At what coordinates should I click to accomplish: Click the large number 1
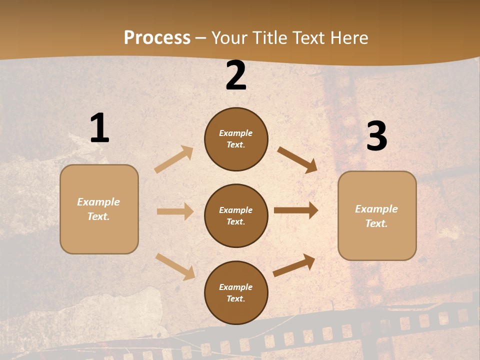tap(99, 128)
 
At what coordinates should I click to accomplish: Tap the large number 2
tap(236, 75)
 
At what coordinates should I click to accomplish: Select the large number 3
tap(376, 136)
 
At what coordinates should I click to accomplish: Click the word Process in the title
tap(157, 37)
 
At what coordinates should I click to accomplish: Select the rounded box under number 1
tap(99, 209)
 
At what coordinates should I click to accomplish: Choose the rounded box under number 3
tap(377, 216)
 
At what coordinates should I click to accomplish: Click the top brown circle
tap(236, 139)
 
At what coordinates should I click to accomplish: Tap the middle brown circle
tap(236, 216)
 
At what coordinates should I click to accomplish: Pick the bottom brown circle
tap(236, 293)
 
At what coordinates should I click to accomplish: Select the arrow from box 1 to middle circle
tap(175, 211)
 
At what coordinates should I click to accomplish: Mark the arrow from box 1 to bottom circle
tap(175, 266)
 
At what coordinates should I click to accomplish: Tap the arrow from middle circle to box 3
tap(296, 210)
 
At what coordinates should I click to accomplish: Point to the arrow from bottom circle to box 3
tap(294, 265)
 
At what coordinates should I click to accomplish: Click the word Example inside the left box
tap(98, 202)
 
